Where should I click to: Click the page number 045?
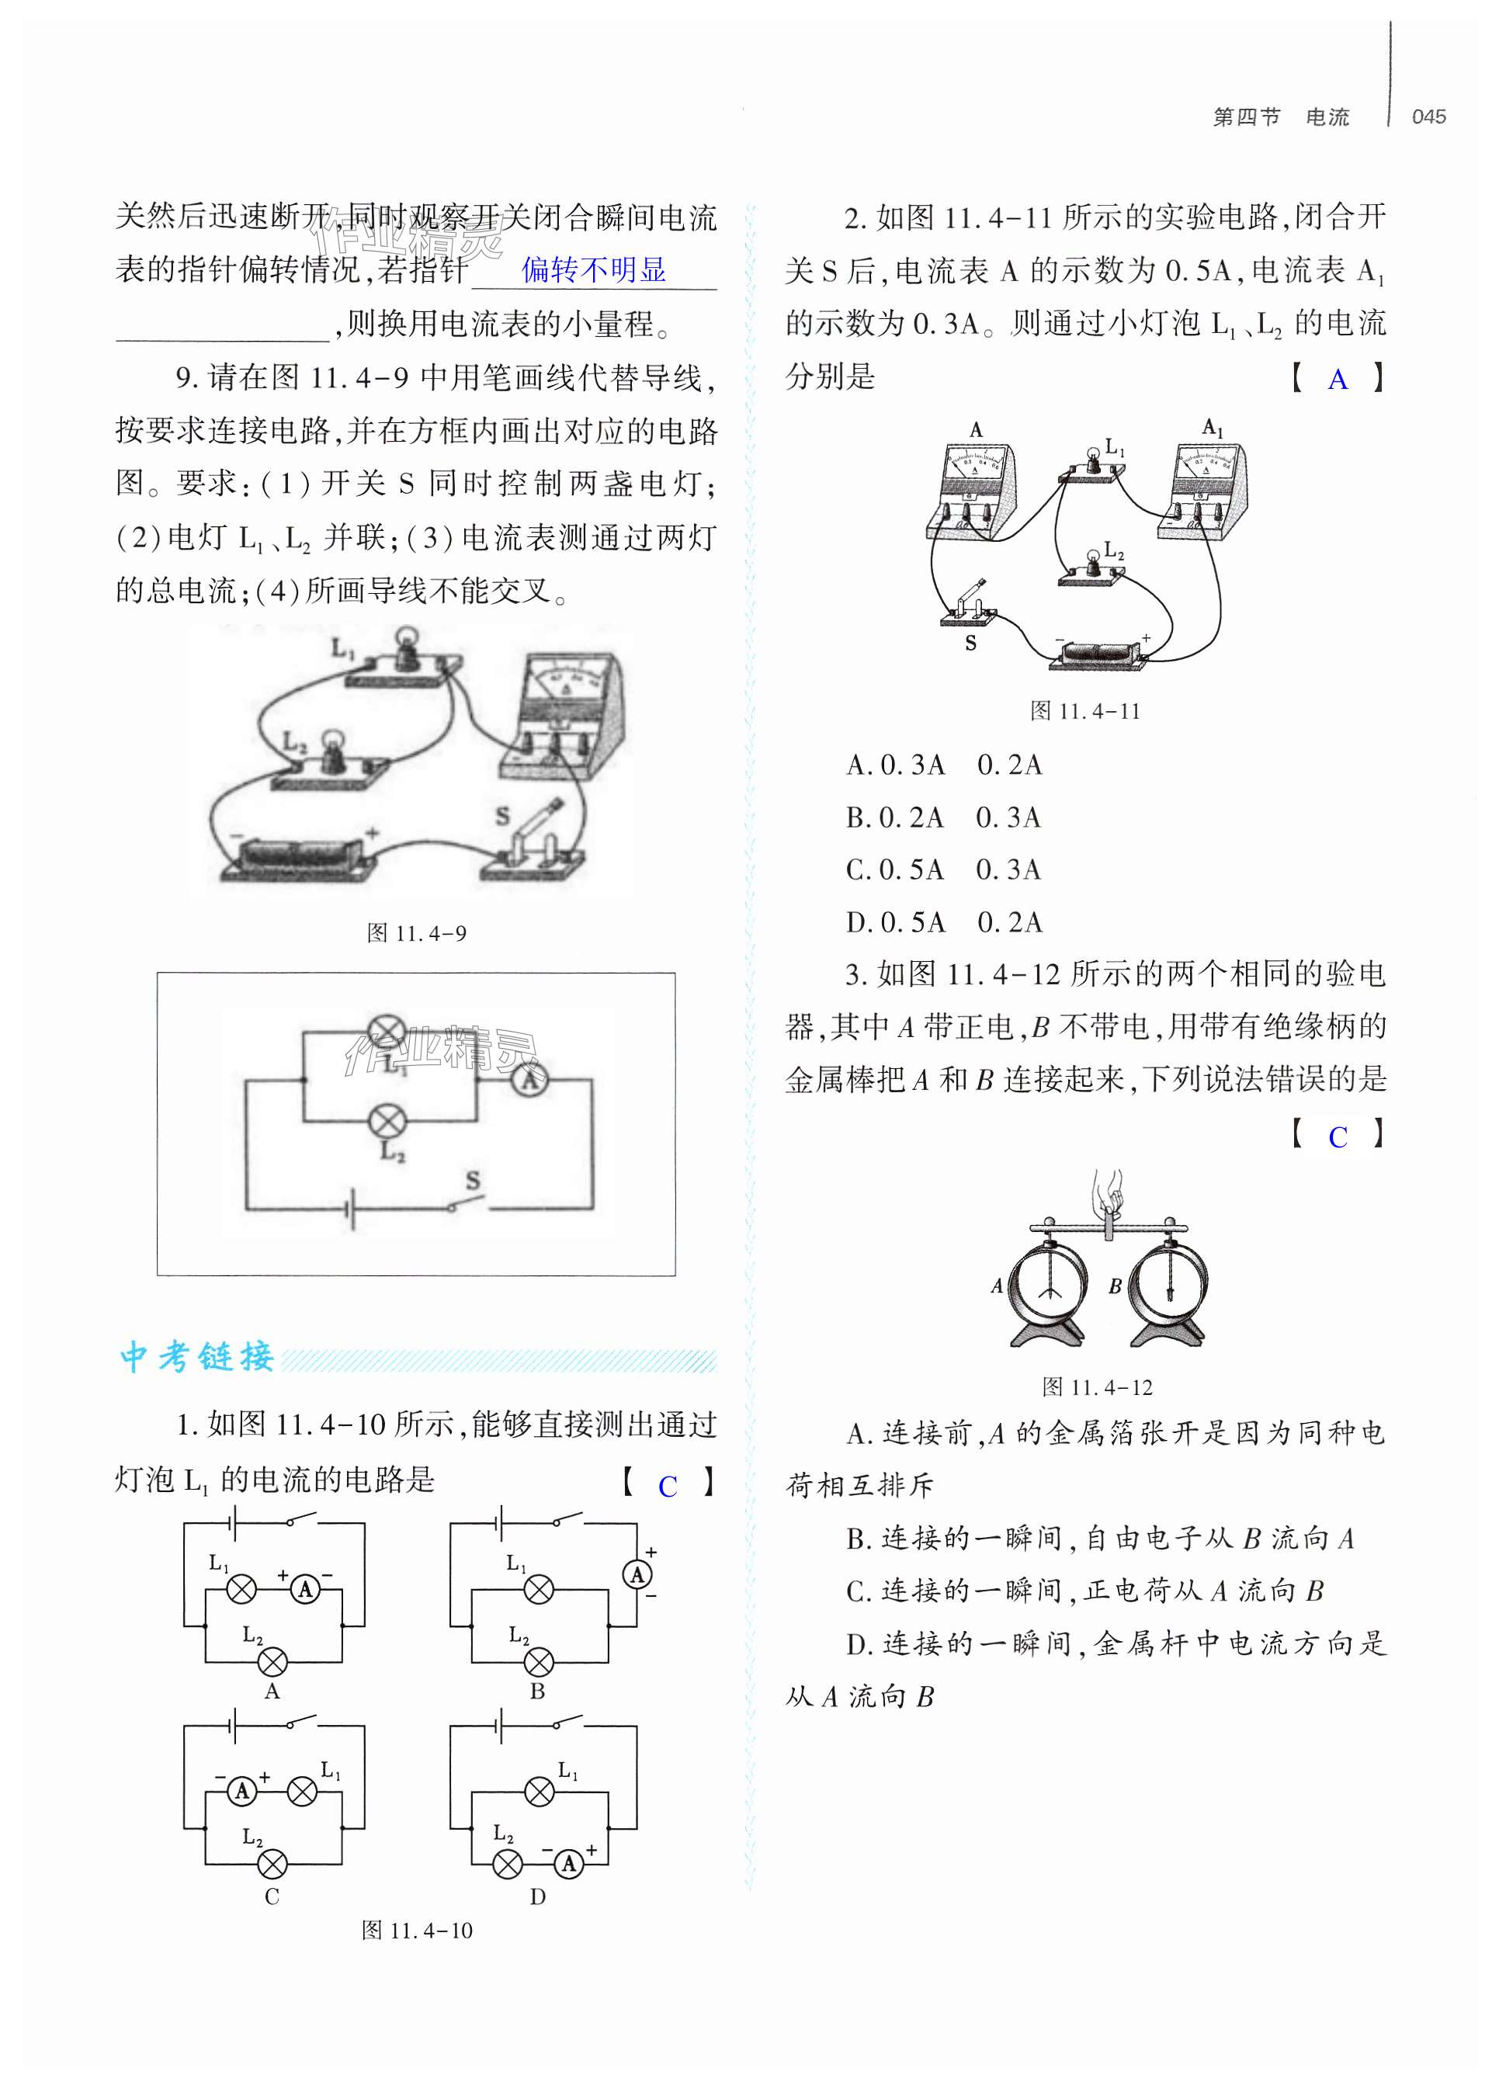coord(1428,117)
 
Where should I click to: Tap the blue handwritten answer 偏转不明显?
coord(593,270)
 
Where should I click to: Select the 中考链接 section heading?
coord(197,1357)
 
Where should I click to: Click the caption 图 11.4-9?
coord(416,933)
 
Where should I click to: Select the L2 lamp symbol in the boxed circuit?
coord(386,1121)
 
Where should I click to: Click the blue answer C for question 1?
coord(668,1487)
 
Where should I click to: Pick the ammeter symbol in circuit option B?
coord(637,1574)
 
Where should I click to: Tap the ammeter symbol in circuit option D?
coord(569,1863)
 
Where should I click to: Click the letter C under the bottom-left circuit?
coord(272,1896)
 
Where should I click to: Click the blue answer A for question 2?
coord(1338,380)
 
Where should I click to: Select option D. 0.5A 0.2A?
coord(943,922)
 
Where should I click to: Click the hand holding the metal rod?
coord(1109,1195)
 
